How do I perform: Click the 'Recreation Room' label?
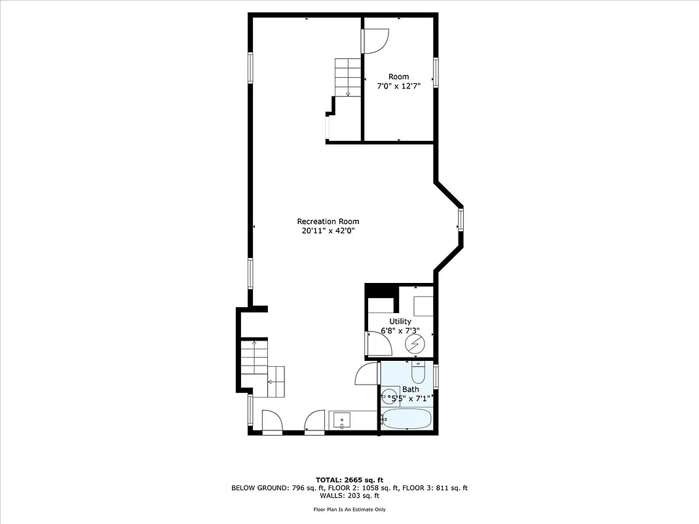[328, 221]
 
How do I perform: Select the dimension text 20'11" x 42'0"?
[328, 231]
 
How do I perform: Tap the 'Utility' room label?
[400, 321]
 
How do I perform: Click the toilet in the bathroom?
[418, 373]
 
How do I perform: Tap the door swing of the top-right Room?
[376, 41]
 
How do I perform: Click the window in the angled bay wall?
[461, 219]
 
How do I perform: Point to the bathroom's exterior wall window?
[436, 377]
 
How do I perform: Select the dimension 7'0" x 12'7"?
[398, 86]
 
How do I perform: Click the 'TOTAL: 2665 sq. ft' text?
[349, 479]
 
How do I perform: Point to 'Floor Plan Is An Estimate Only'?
[349, 509]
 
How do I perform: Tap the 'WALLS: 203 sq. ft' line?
[349, 496]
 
